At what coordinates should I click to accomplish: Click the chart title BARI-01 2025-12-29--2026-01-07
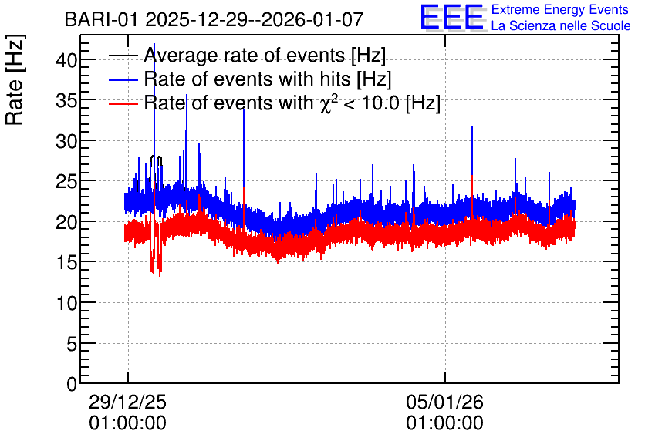click(x=214, y=19)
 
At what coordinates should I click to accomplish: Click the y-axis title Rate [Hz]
click(x=15, y=79)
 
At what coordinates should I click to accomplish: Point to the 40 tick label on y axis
click(x=66, y=60)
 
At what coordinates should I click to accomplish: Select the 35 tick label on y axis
click(x=66, y=101)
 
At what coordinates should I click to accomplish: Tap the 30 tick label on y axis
click(x=66, y=141)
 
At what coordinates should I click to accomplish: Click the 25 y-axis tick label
click(x=66, y=182)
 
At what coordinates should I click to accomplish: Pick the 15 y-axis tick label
click(x=66, y=263)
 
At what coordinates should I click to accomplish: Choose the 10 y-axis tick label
click(x=66, y=303)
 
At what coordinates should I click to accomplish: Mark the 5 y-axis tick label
click(x=72, y=344)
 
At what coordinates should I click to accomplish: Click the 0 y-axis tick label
click(x=72, y=384)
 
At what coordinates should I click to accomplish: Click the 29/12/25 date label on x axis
click(x=127, y=402)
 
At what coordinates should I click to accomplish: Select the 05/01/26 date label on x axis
click(x=444, y=402)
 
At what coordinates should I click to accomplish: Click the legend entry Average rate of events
click(x=265, y=55)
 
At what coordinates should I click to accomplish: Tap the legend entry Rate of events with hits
click(x=268, y=79)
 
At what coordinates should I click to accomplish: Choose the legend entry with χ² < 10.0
click(x=292, y=103)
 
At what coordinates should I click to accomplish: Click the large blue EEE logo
click(x=453, y=17)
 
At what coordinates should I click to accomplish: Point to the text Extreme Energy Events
click(x=560, y=9)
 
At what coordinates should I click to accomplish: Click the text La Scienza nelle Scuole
click(x=561, y=25)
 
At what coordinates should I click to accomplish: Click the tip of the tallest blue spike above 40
click(x=154, y=44)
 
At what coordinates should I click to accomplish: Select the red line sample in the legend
click(x=123, y=103)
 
